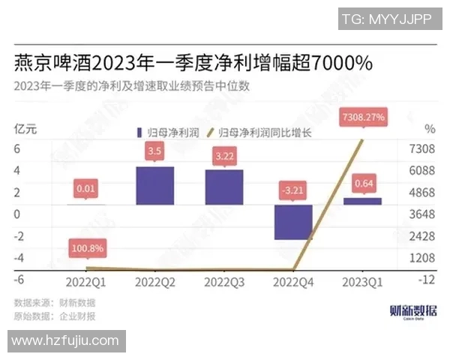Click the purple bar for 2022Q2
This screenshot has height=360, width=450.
click(x=154, y=186)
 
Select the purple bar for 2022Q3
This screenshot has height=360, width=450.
click(x=223, y=187)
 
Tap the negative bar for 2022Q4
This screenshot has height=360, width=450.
click(x=292, y=222)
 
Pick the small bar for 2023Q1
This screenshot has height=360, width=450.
click(x=362, y=201)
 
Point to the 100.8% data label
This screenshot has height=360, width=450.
click(x=88, y=247)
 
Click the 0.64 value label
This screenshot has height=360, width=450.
click(x=363, y=183)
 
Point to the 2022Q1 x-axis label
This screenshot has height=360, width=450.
click(x=85, y=282)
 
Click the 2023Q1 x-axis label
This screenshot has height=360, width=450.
click(x=362, y=282)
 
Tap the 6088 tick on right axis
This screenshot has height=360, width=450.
click(x=421, y=171)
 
